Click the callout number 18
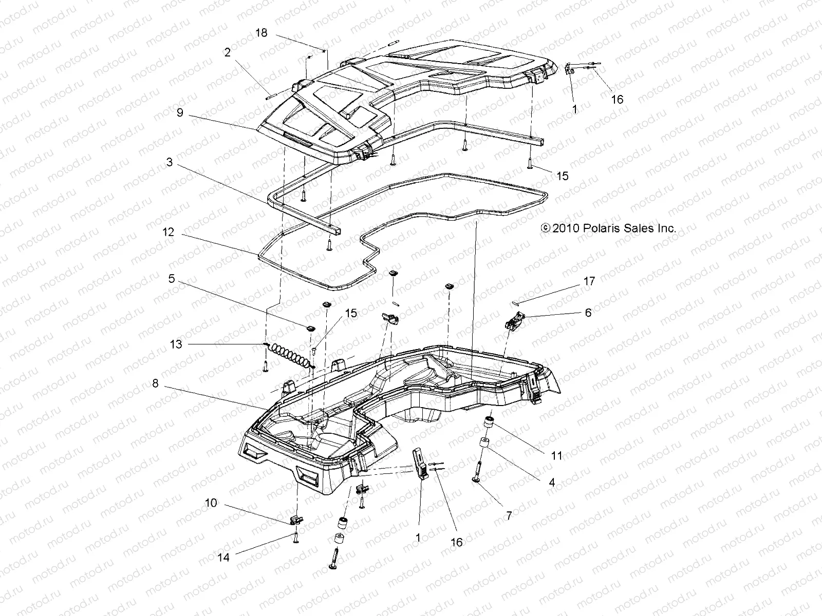coord(261,33)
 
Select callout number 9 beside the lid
coord(180,112)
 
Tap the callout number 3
coord(169,163)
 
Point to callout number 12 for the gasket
coord(169,232)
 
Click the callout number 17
coord(589,281)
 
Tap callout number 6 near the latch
coord(588,312)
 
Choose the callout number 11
coord(557,455)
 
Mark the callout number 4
coord(552,483)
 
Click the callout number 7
coord(509,515)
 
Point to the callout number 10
coord(211,504)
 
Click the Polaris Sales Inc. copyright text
coord(609,228)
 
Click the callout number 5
coord(172,279)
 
